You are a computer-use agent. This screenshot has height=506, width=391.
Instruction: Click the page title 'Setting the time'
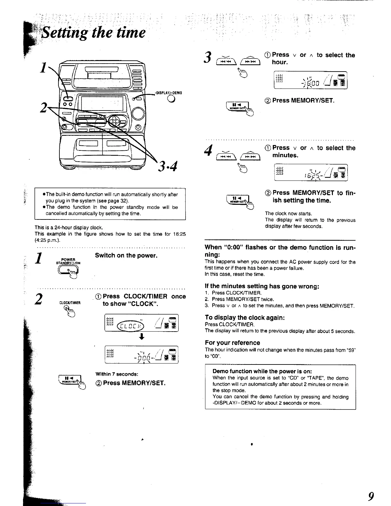(x=95, y=33)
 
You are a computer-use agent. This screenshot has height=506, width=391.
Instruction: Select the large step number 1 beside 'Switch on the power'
(x=39, y=258)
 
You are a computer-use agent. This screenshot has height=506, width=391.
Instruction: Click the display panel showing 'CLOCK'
(x=142, y=323)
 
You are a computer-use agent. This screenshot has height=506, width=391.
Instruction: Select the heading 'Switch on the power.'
(x=126, y=256)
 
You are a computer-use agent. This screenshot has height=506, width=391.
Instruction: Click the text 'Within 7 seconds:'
(x=117, y=374)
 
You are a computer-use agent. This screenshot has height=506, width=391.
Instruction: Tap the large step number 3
(x=208, y=57)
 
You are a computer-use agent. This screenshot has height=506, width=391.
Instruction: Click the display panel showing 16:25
(x=310, y=172)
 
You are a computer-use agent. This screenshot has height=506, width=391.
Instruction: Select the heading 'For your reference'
(x=232, y=343)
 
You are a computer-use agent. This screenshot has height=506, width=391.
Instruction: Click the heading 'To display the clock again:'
(x=244, y=318)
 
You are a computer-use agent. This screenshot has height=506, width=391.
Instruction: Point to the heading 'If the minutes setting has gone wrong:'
(x=262, y=286)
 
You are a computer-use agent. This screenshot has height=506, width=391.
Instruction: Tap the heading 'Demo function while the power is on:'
(x=262, y=371)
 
